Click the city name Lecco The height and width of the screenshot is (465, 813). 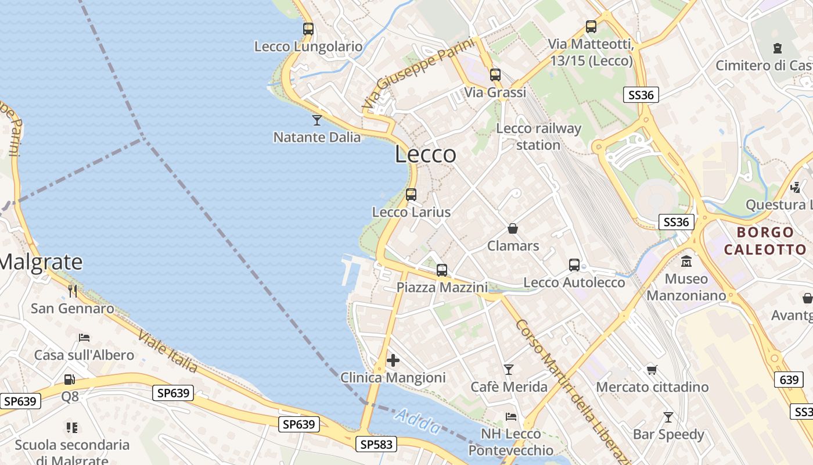[x=426, y=155]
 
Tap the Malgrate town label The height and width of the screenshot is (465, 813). [x=41, y=262]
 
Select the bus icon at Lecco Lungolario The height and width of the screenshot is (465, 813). [x=308, y=28]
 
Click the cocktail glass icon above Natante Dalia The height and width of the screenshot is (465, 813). [x=317, y=120]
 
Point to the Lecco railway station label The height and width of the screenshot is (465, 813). [x=538, y=137]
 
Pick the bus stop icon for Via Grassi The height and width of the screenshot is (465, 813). [x=495, y=75]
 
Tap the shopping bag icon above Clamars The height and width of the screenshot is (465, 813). [x=513, y=228]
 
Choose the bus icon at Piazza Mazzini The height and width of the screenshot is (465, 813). [x=442, y=270]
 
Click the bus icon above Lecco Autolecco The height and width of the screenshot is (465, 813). [x=574, y=265]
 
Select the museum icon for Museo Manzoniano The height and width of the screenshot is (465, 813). [x=686, y=261]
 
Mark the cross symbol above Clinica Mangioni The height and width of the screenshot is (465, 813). [x=393, y=360]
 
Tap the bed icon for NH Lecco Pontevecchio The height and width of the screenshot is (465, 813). [x=511, y=416]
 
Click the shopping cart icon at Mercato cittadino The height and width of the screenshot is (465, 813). [x=652, y=370]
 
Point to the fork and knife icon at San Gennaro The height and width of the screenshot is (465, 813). [x=73, y=291]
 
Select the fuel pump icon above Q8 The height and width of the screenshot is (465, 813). [x=70, y=380]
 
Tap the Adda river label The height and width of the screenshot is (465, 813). [x=418, y=421]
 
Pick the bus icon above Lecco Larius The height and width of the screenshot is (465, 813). [x=411, y=195]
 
